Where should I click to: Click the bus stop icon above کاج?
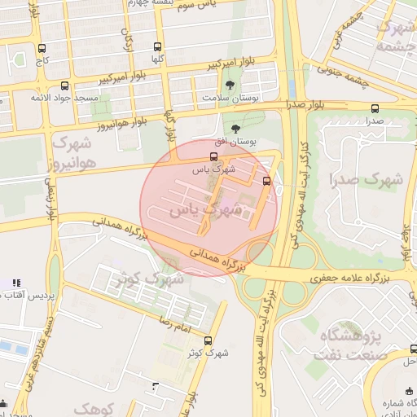pyautogui.click(x=42, y=48)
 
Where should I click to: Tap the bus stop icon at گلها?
pyautogui.click(x=157, y=46)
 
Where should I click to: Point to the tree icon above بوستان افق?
pyautogui.click(x=236, y=129)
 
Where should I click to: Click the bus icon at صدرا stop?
pyautogui.click(x=375, y=108)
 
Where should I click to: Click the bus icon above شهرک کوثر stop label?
pyautogui.click(x=208, y=340)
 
